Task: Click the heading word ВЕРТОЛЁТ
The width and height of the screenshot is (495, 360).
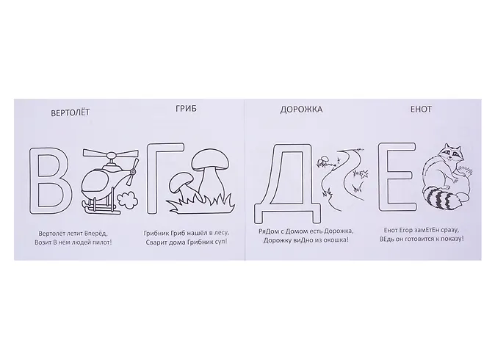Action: pyautogui.click(x=71, y=112)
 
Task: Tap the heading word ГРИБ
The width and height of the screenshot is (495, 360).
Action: pyautogui.click(x=186, y=109)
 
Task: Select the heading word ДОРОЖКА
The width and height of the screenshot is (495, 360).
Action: pyautogui.click(x=301, y=109)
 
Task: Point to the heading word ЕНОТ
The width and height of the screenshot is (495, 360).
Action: pyautogui.click(x=421, y=109)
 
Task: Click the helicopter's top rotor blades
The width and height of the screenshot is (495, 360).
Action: pyautogui.click(x=110, y=154)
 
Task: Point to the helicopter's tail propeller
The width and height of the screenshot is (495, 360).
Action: pyautogui.click(x=133, y=171)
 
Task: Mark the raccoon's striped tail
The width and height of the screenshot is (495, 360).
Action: pyautogui.click(x=441, y=199)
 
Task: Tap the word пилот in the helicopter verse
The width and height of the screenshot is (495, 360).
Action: pyautogui.click(x=101, y=242)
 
